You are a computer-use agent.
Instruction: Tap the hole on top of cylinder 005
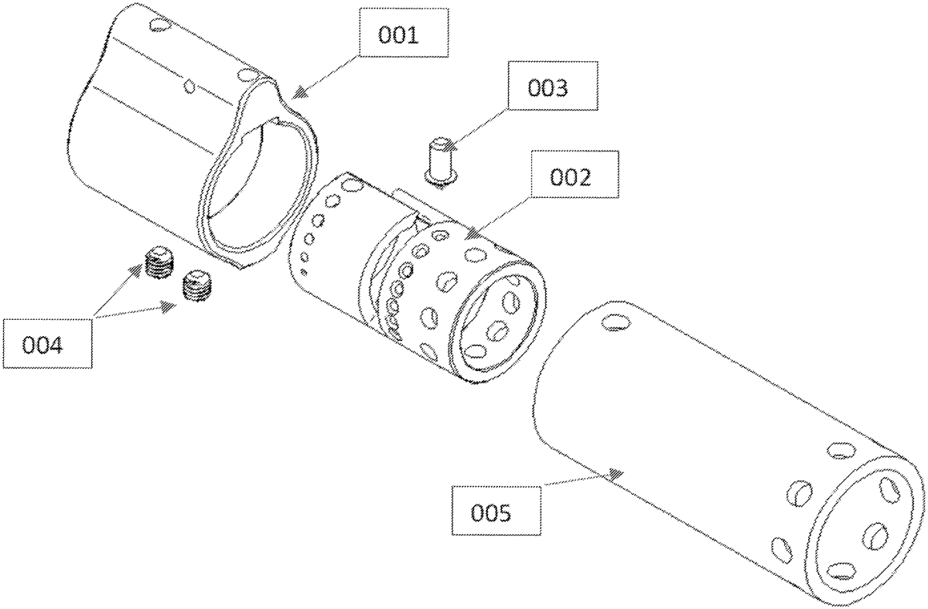point(614,320)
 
